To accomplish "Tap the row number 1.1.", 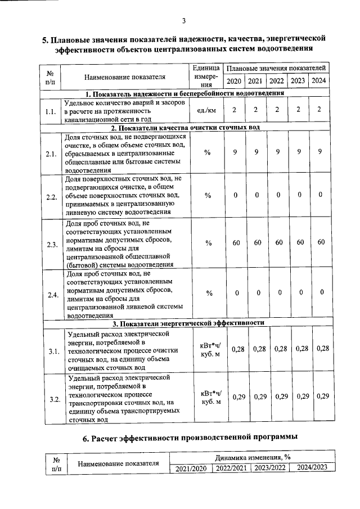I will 51,111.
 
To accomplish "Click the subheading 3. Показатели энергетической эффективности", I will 188,323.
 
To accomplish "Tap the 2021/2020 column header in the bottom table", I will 192,467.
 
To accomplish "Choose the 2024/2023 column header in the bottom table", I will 312,467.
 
